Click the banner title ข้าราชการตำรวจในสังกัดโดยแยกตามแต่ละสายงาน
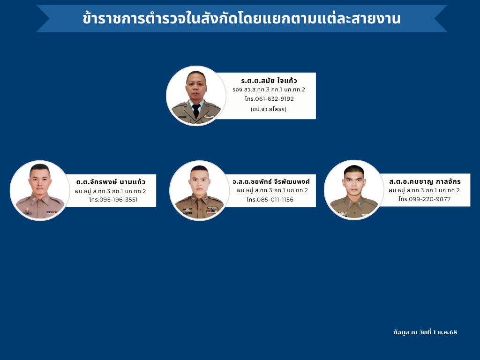tap(241, 18)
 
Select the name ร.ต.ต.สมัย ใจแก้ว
tap(269, 81)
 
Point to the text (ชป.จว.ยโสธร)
tap(269, 109)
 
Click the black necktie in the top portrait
tap(196, 111)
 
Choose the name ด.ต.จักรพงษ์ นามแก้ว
tap(111, 182)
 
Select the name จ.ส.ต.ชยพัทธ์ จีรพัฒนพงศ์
tap(271, 181)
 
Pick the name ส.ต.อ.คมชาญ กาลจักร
tap(425, 181)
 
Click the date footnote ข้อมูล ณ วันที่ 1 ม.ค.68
tap(425, 332)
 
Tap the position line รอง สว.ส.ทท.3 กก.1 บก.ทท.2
tap(269, 90)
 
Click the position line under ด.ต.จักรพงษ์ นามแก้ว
tap(111, 191)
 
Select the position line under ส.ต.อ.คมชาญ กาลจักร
tap(424, 190)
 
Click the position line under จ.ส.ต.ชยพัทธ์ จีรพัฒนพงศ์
tap(272, 190)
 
